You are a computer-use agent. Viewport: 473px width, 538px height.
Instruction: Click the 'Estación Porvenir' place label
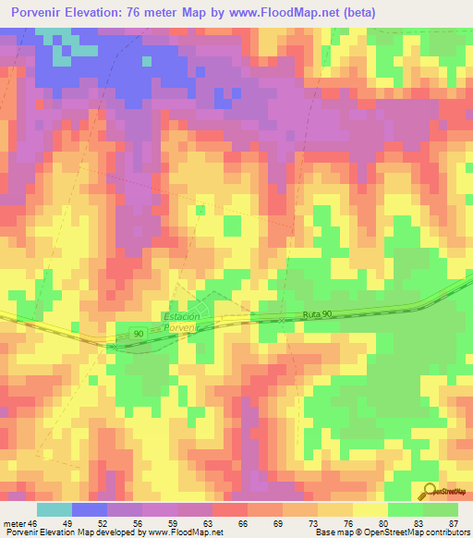click(180, 323)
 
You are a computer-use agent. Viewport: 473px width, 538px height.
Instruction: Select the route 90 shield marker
click(138, 332)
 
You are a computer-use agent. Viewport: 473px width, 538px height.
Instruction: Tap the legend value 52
click(103, 523)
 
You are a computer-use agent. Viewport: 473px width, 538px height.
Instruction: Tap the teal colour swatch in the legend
click(54, 509)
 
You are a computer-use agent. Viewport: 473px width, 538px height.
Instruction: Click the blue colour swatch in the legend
click(89, 509)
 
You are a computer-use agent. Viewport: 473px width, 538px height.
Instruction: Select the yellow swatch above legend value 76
click(334, 509)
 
